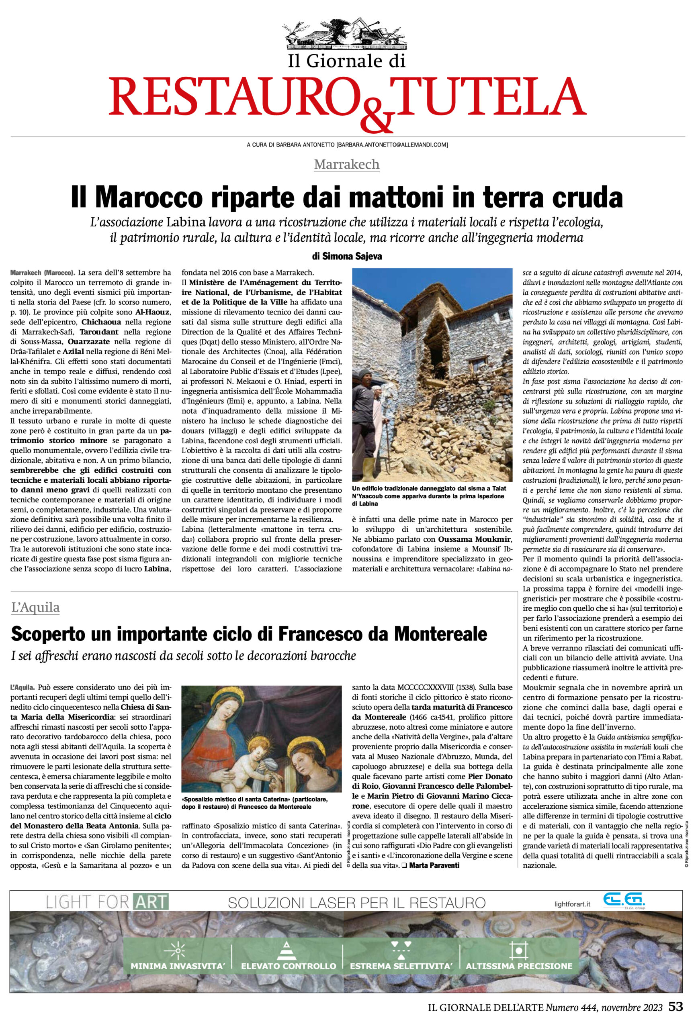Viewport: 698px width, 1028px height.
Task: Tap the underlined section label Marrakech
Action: pos(346,164)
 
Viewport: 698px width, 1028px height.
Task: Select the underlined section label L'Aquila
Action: pos(35,607)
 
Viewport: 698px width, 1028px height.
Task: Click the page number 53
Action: pos(675,1007)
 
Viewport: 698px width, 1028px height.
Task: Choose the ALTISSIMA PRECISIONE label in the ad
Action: pos(519,966)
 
